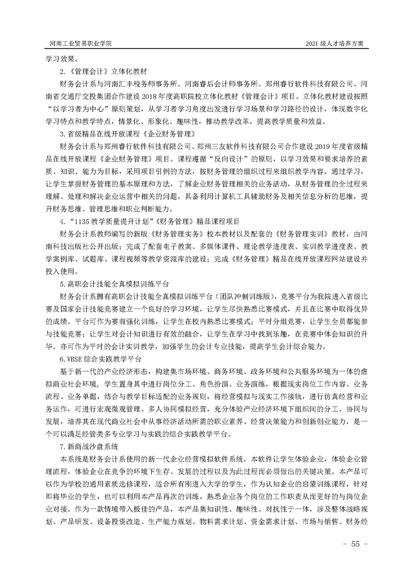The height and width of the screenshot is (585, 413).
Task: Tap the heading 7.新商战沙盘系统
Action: pyautogui.click(x=89, y=447)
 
